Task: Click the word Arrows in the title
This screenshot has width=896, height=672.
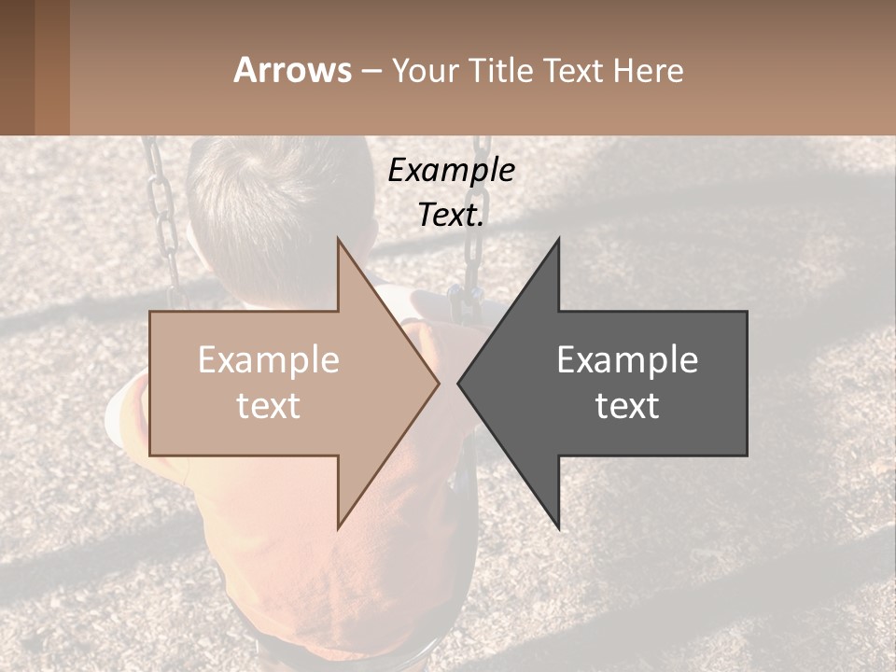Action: [292, 70]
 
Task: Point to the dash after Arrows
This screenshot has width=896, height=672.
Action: [371, 72]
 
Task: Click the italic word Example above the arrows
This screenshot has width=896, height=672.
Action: [451, 170]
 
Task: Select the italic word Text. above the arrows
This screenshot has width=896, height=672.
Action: [451, 215]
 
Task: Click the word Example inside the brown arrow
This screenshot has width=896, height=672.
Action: [268, 360]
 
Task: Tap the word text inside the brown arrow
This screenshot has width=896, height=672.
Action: [268, 406]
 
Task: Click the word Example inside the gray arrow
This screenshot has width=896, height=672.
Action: [627, 360]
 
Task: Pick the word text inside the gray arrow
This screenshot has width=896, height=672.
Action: [627, 406]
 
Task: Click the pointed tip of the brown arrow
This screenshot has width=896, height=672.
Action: [437, 383]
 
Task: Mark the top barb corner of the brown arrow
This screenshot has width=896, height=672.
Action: [338, 241]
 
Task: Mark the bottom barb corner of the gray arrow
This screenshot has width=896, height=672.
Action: [558, 526]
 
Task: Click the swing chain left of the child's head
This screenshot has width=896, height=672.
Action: [164, 215]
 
